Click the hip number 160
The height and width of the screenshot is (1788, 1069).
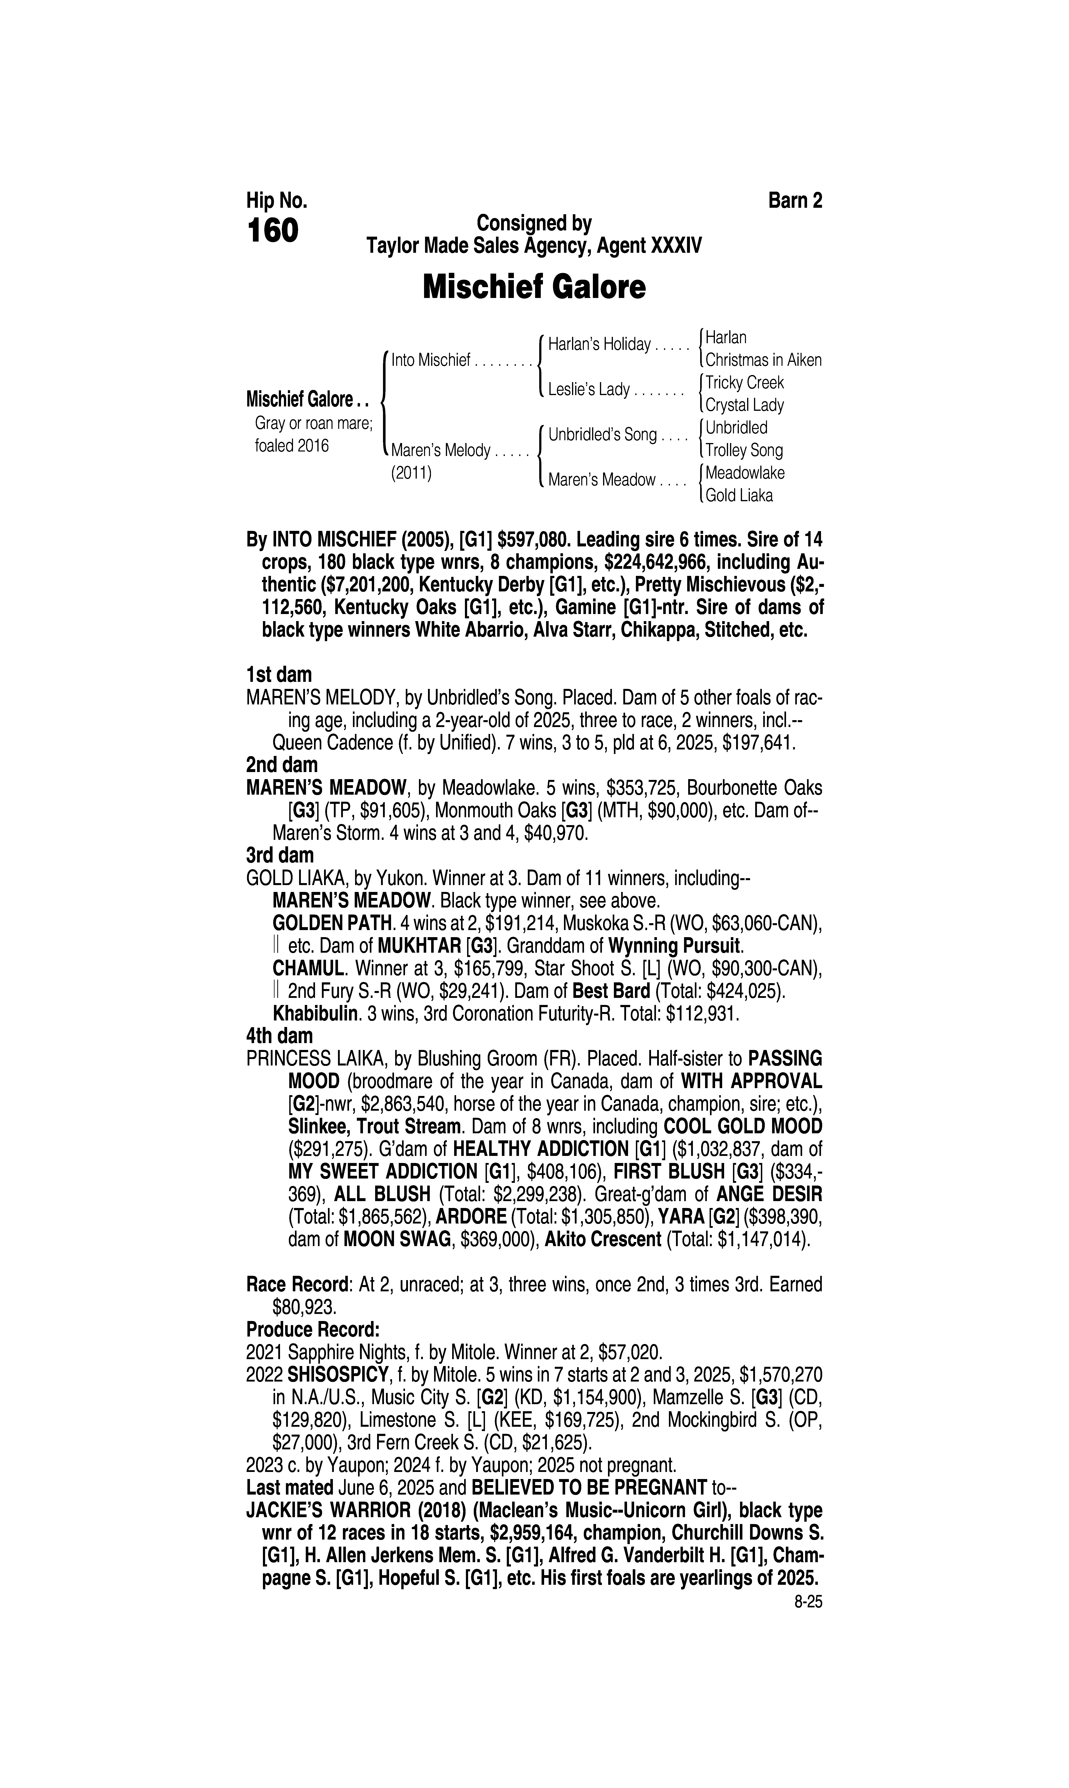click(x=272, y=231)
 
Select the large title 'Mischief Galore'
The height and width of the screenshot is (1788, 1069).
click(x=534, y=287)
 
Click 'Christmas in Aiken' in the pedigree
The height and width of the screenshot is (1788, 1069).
click(x=763, y=360)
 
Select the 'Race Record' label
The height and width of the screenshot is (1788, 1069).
click(x=298, y=1284)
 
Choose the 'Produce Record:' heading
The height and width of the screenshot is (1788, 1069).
click(x=313, y=1329)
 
